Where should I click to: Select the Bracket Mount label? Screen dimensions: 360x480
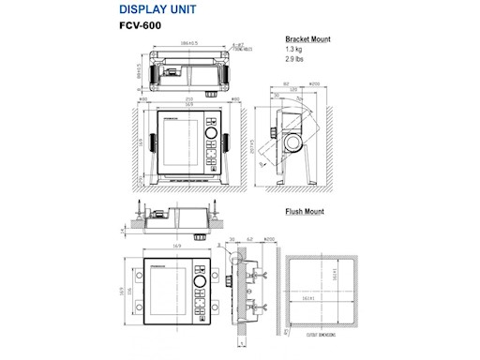(x=307, y=40)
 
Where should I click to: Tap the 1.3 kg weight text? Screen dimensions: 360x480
(x=295, y=50)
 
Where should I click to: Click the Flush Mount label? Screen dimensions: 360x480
(x=304, y=212)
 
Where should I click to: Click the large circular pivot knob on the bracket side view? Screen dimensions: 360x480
(x=292, y=143)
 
